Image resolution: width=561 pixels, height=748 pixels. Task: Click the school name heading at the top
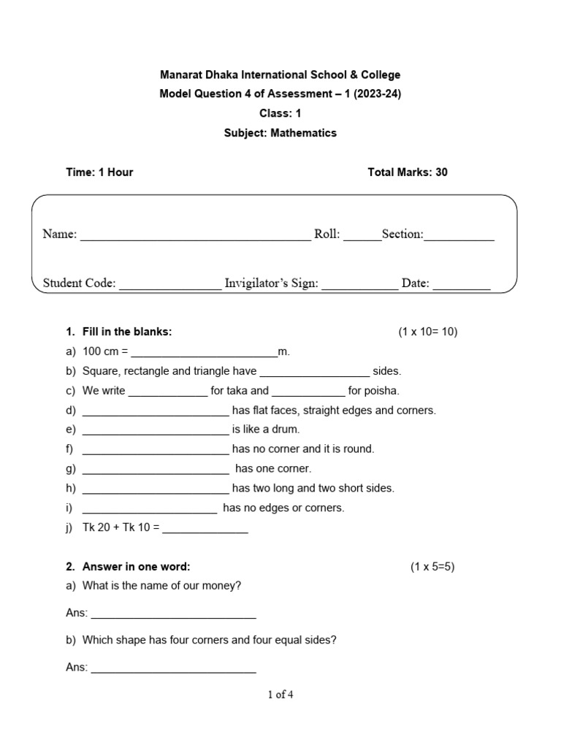point(280,75)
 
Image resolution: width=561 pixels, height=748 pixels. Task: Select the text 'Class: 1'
point(280,113)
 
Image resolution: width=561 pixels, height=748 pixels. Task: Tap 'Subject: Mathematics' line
point(280,133)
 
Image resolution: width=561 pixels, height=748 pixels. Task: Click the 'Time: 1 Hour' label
point(99,172)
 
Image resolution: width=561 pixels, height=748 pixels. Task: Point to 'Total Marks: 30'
point(408,172)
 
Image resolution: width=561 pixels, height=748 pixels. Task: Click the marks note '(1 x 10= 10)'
point(427,332)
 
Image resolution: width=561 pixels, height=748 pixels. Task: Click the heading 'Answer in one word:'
point(136,566)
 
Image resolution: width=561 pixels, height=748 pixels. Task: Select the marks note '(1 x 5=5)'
point(432,566)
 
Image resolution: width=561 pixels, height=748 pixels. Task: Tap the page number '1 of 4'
point(280,695)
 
